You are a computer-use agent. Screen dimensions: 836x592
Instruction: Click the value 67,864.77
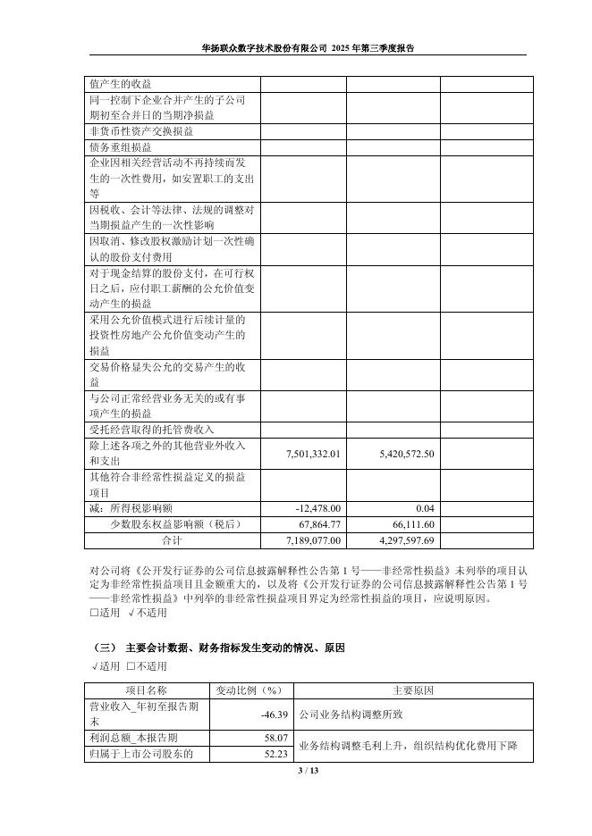pos(318,524)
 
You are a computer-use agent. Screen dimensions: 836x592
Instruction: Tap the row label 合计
pos(171,541)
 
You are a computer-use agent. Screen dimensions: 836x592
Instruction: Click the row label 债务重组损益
pos(120,147)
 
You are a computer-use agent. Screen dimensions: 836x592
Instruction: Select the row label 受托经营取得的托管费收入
pos(152,430)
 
